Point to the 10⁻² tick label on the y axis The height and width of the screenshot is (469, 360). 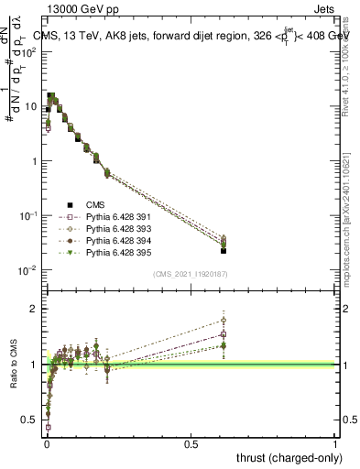tap(28, 270)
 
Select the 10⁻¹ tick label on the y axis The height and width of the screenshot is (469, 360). tap(28, 215)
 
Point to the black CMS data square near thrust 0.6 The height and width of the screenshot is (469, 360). tap(224, 250)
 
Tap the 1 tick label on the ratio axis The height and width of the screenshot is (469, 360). tap(35, 365)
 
